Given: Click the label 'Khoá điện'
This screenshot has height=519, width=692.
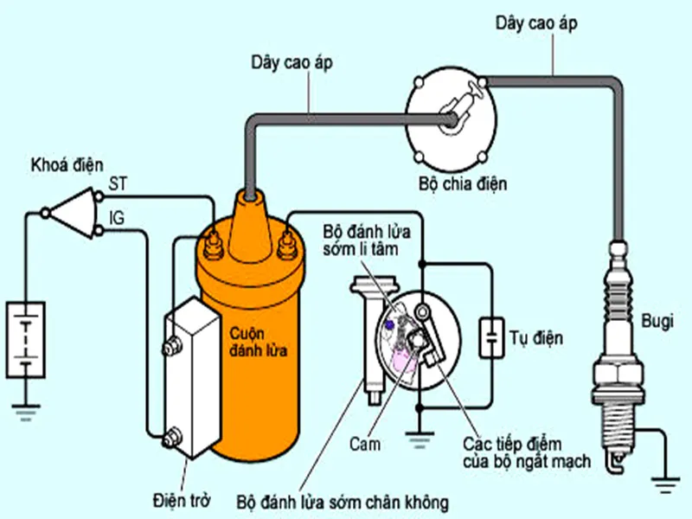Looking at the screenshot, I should click(67, 164).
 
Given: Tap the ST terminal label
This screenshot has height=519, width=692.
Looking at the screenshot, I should click(118, 183).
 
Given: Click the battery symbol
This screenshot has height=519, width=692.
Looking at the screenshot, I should click(26, 338).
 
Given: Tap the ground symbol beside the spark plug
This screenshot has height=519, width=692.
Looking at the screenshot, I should click(666, 487).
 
